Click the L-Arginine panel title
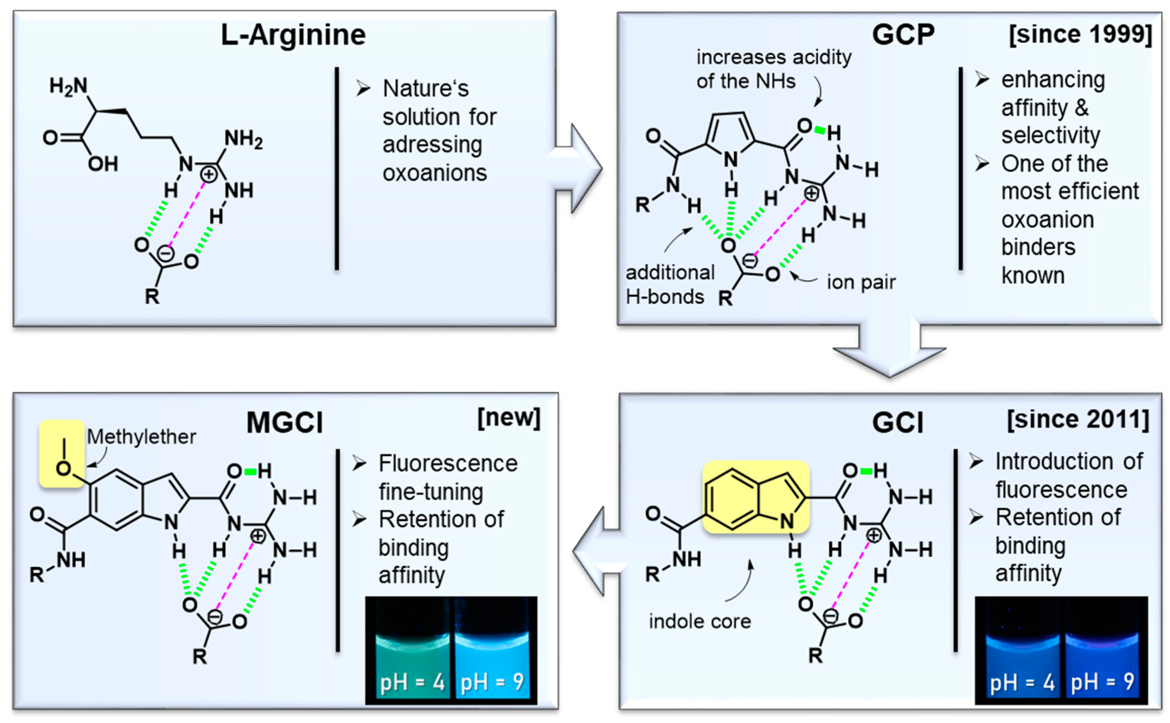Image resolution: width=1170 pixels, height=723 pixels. click(293, 35)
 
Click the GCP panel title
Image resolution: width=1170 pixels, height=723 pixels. click(903, 35)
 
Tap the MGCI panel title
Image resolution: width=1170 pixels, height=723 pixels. click(285, 423)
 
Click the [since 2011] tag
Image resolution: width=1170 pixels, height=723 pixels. click(1078, 420)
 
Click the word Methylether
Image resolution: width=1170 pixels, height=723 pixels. click(141, 437)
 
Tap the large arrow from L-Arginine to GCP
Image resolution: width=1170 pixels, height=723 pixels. click(576, 168)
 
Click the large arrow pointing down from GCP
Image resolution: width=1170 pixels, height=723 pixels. click(889, 352)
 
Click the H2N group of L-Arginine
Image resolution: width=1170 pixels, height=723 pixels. click(68, 86)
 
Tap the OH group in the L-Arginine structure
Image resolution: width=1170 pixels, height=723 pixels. click(103, 164)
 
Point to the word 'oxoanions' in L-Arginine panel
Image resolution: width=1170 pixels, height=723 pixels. click(434, 173)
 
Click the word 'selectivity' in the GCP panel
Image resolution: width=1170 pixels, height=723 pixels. click(1051, 135)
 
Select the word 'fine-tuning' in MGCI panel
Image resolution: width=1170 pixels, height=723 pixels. click(431, 492)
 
